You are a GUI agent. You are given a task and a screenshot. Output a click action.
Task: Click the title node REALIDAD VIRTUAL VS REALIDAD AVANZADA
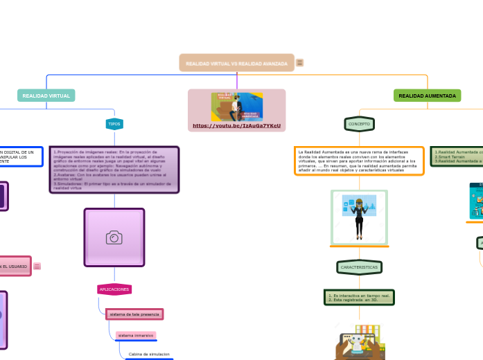click(x=236, y=63)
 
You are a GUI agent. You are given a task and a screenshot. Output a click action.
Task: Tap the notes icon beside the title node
click(x=300, y=63)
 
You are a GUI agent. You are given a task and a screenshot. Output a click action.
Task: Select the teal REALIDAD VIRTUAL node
click(x=46, y=96)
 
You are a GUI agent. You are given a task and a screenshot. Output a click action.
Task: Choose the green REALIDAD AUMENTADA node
click(x=427, y=96)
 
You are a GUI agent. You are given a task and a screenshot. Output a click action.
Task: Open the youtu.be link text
click(x=236, y=126)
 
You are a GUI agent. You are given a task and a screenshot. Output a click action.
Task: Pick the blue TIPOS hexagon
click(x=114, y=124)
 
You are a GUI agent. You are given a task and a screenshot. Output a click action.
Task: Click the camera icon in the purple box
click(x=114, y=237)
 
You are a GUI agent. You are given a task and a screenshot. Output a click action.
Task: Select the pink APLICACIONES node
click(x=114, y=289)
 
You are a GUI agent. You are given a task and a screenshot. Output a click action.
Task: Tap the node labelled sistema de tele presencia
click(x=134, y=314)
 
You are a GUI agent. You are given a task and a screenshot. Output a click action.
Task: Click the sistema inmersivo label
click(x=136, y=335)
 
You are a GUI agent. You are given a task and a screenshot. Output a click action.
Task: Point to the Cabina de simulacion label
click(x=149, y=354)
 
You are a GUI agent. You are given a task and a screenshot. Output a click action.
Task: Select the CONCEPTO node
click(x=359, y=124)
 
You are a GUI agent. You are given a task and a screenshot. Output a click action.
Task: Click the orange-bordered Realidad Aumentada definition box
click(x=359, y=161)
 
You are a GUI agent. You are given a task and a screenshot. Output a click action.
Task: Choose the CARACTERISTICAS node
click(x=359, y=267)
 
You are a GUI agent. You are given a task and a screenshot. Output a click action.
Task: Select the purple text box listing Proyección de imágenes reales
click(x=114, y=170)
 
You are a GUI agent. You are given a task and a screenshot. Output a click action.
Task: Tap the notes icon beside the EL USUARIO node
click(x=37, y=266)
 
